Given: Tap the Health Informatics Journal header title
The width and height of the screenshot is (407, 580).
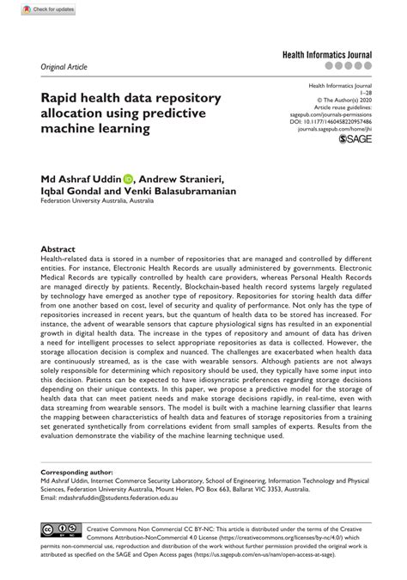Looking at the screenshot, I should pos(331,53).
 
